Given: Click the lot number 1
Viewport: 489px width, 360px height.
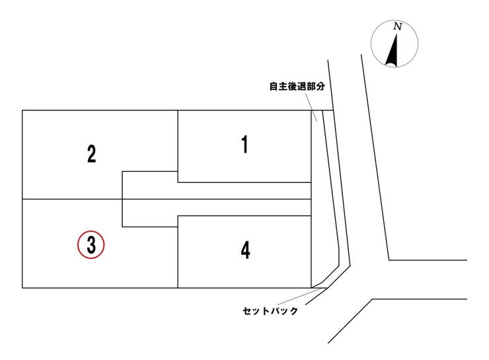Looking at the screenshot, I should point(244,144).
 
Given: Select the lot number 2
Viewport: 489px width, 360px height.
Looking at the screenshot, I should point(91,154).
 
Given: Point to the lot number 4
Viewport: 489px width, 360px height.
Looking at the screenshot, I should point(245,250).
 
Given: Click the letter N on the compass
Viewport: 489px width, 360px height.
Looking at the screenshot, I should point(397,27).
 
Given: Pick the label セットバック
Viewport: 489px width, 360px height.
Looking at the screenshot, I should point(270,310).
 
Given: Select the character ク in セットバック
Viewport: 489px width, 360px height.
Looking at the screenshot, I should point(293,310).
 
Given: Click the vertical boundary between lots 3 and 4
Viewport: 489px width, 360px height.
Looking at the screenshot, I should point(178,258).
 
